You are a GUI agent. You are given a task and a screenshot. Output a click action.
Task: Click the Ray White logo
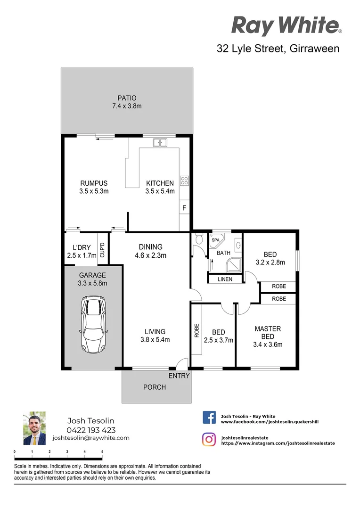(x=286, y=25)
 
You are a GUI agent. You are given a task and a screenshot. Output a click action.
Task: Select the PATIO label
(x=127, y=98)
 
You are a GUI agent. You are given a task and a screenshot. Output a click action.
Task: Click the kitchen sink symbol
(x=161, y=141)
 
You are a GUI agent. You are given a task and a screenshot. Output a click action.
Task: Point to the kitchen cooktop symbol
(x=185, y=180)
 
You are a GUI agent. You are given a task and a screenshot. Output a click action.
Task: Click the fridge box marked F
(x=184, y=207)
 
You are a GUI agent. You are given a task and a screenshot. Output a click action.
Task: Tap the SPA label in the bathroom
(x=215, y=240)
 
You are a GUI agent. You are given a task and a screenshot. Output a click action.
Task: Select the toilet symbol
(x=198, y=240)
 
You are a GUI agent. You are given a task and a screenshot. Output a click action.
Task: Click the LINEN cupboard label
(x=225, y=279)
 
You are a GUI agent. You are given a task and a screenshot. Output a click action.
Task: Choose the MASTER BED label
(x=268, y=332)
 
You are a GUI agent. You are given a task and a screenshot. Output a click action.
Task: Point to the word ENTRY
(x=179, y=376)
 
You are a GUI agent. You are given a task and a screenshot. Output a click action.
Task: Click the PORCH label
(x=155, y=387)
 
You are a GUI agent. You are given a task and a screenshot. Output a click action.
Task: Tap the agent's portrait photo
(x=34, y=428)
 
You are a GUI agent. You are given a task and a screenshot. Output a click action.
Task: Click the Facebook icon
(x=209, y=417)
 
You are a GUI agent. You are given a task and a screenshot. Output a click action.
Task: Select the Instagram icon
(x=209, y=439)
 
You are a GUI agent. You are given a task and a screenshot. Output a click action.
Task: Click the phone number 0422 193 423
(x=91, y=430)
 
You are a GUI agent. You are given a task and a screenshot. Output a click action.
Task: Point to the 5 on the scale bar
(x=102, y=452)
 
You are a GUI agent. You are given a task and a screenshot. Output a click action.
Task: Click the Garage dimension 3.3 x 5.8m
(x=93, y=283)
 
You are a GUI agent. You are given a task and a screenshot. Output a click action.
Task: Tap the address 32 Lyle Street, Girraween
(x=278, y=48)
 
